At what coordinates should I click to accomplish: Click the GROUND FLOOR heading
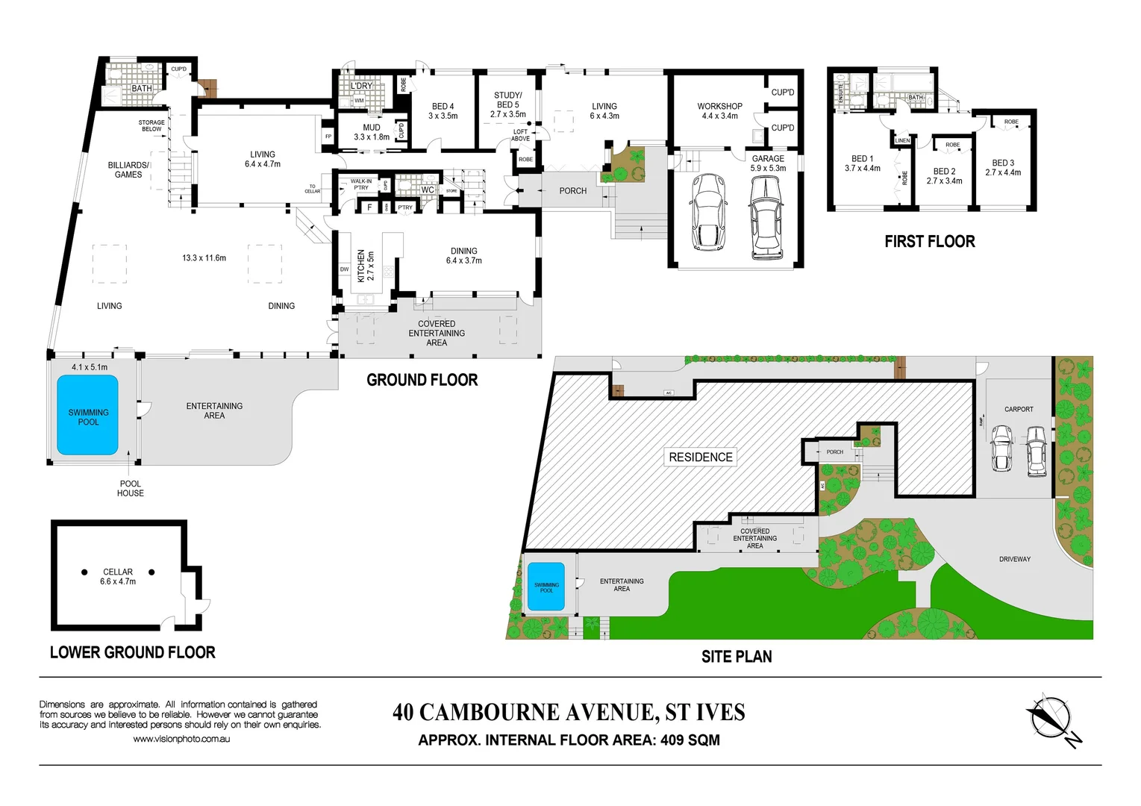pyautogui.click(x=422, y=380)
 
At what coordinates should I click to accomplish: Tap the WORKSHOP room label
pyautogui.click(x=719, y=107)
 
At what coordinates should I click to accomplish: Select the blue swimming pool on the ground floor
pyautogui.click(x=88, y=415)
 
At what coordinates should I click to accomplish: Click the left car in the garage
pyautogui.click(x=708, y=213)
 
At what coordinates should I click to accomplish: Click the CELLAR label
pyautogui.click(x=118, y=572)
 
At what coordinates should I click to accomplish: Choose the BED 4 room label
pyautogui.click(x=443, y=107)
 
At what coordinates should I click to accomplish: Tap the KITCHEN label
pyautogui.click(x=361, y=266)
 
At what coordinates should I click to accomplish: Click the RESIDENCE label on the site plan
pyautogui.click(x=700, y=457)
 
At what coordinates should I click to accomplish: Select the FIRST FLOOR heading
pyautogui.click(x=929, y=242)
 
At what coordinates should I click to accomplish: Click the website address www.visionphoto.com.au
pyautogui.click(x=181, y=739)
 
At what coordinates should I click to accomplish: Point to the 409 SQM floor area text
pyautogui.click(x=690, y=740)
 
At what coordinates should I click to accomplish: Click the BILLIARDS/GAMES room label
pyautogui.click(x=128, y=169)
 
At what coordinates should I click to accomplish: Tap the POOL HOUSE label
pyautogui.click(x=131, y=488)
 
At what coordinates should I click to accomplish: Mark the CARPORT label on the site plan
pyautogui.click(x=1019, y=409)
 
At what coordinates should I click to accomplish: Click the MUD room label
pyautogui.click(x=372, y=128)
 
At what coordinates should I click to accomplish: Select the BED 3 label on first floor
pyautogui.click(x=1003, y=163)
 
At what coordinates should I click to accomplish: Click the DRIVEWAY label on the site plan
pyautogui.click(x=1014, y=559)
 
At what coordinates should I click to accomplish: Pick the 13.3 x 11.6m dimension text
pyautogui.click(x=204, y=258)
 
